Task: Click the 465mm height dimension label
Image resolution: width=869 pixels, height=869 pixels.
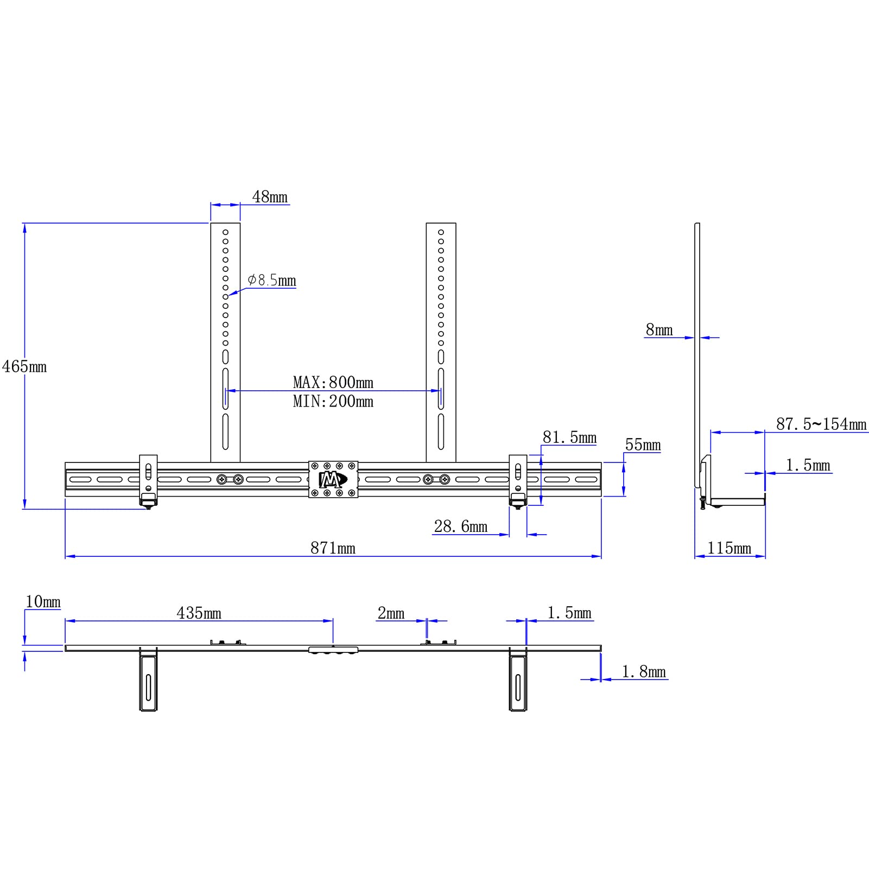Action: pyautogui.click(x=24, y=367)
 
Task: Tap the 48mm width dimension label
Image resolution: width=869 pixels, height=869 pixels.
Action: pyautogui.click(x=270, y=196)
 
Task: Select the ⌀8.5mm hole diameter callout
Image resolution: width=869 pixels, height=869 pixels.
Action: pyautogui.click(x=272, y=280)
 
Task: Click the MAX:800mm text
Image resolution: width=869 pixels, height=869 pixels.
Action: pyautogui.click(x=333, y=382)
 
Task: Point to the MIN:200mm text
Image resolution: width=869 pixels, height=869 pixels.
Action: pyautogui.click(x=333, y=402)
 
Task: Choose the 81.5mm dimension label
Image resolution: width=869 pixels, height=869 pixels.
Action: pyautogui.click(x=569, y=437)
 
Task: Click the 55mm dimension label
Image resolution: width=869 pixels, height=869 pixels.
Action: pyautogui.click(x=643, y=445)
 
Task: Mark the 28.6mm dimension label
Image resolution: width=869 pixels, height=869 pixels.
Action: pyautogui.click(x=460, y=527)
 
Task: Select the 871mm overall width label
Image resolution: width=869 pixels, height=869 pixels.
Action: pyautogui.click(x=333, y=548)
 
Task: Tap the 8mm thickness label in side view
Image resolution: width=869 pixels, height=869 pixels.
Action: pyautogui.click(x=659, y=330)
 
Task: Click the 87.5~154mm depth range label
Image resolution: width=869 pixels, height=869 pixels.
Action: pyautogui.click(x=821, y=424)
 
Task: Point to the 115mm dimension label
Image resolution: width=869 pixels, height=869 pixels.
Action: pyautogui.click(x=729, y=548)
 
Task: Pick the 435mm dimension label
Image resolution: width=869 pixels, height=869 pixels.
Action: pyautogui.click(x=199, y=613)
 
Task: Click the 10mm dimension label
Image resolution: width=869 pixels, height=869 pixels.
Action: pyautogui.click(x=43, y=602)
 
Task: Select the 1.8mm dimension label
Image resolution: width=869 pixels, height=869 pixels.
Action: pyautogui.click(x=643, y=672)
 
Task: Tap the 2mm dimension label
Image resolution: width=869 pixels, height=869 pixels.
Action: pyautogui.click(x=391, y=613)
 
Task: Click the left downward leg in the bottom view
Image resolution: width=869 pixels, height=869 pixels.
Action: pyautogui.click(x=148, y=681)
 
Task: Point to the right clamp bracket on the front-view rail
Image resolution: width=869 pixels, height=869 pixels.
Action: pyautogui.click(x=518, y=480)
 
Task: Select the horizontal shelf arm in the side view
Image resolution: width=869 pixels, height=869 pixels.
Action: pyautogui.click(x=737, y=502)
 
